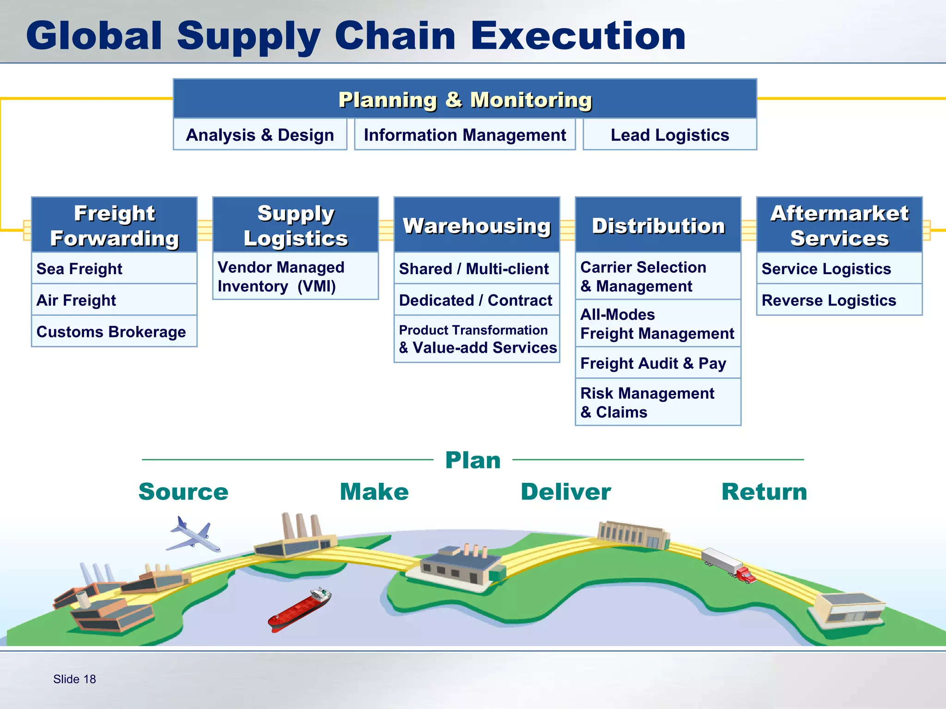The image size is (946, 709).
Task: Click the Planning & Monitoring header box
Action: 465,99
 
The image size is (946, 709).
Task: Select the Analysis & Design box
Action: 260,135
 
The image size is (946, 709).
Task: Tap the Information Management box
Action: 465,135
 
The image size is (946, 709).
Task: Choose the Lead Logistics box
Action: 669,135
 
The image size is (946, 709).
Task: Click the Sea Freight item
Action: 114,269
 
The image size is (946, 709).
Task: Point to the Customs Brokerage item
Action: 114,331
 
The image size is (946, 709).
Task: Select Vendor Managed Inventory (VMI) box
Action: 296,276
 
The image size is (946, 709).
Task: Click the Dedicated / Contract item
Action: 476,300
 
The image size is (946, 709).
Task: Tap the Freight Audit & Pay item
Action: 657,363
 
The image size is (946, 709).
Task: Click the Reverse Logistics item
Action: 839,300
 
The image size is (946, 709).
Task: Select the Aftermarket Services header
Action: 839,225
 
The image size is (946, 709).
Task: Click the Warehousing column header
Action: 476,225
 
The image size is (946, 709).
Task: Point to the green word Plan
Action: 473,460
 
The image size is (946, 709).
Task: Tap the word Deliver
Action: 565,492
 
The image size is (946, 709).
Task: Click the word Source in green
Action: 183,492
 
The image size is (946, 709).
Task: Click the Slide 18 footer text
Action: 74,679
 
